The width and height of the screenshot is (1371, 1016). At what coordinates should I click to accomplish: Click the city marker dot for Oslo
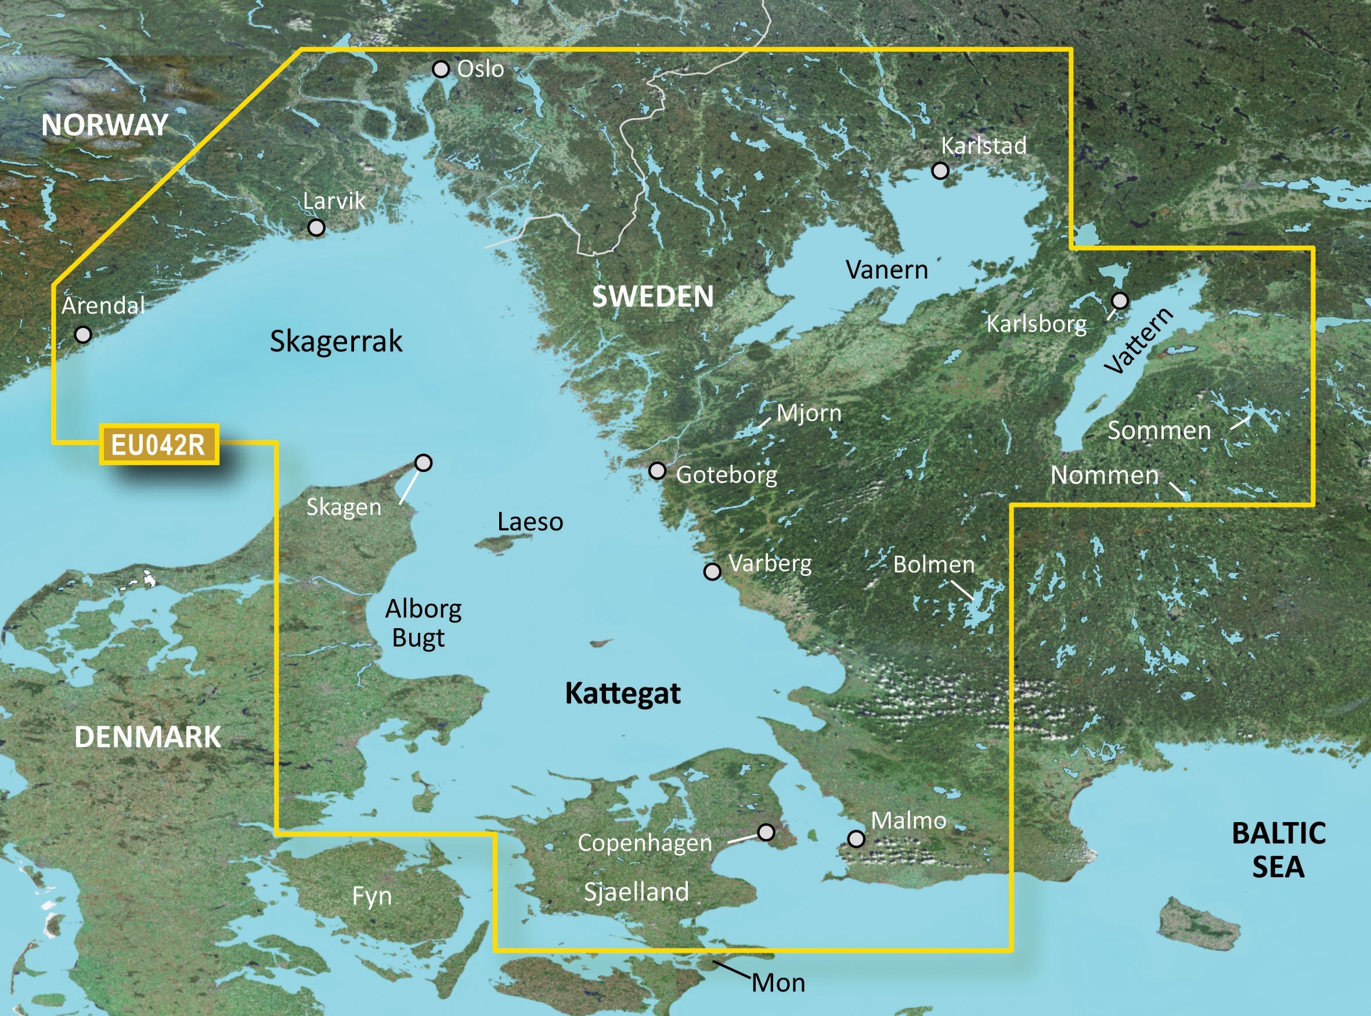click(x=441, y=69)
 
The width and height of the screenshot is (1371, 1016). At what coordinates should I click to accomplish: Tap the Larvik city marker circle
click(x=316, y=228)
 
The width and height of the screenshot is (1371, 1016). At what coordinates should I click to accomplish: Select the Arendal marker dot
click(x=83, y=334)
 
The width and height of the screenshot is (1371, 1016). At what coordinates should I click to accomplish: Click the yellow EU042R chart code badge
click(x=158, y=444)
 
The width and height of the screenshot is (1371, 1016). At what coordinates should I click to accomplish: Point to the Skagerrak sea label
click(x=335, y=341)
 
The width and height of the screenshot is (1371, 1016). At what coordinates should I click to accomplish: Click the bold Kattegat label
click(x=622, y=694)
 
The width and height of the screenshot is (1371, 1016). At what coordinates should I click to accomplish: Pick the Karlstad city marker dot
click(x=940, y=170)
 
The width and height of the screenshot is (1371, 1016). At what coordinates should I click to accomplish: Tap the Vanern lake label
click(x=886, y=270)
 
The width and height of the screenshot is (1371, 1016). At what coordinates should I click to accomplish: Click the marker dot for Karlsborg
click(x=1120, y=301)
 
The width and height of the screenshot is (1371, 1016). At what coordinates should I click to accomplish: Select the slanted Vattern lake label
click(x=1139, y=341)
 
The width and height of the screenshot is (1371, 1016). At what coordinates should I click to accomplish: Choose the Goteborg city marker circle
click(x=657, y=471)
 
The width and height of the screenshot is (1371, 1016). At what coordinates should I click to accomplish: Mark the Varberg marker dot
click(x=712, y=571)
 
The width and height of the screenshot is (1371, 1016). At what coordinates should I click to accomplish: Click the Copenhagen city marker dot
click(x=766, y=832)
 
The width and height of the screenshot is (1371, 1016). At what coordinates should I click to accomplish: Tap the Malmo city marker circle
click(x=856, y=838)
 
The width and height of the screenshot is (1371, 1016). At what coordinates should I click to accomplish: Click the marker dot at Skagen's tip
click(x=423, y=463)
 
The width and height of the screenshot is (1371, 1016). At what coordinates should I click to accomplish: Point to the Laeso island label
click(x=530, y=522)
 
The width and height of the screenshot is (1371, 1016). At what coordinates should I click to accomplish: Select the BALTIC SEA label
click(x=1278, y=850)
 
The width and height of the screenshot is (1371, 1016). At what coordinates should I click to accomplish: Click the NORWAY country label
click(x=104, y=125)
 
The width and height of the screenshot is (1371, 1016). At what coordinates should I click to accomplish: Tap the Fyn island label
click(x=372, y=896)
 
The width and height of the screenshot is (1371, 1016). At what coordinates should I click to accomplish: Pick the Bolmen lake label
click(x=933, y=564)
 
